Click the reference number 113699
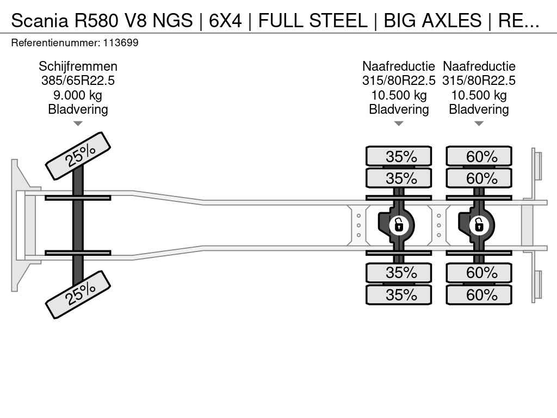tap(123, 42)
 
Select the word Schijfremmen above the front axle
tap(78, 66)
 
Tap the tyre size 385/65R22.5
tap(78, 81)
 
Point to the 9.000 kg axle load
tap(78, 95)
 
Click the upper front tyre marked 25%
tap(78, 156)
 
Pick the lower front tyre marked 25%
tap(78, 294)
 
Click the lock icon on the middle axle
tap(399, 224)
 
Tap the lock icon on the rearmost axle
tap(479, 224)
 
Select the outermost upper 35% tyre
tap(399, 156)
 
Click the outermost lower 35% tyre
tap(399, 295)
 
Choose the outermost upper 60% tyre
tap(479, 156)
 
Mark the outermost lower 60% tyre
tap(479, 295)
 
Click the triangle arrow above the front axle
tap(78, 124)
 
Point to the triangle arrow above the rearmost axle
tap(479, 124)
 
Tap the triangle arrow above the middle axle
tap(399, 124)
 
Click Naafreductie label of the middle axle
tap(399, 66)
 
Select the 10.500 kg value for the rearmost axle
tap(479, 95)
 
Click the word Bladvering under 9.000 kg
tap(78, 109)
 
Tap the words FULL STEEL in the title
tap(313, 21)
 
